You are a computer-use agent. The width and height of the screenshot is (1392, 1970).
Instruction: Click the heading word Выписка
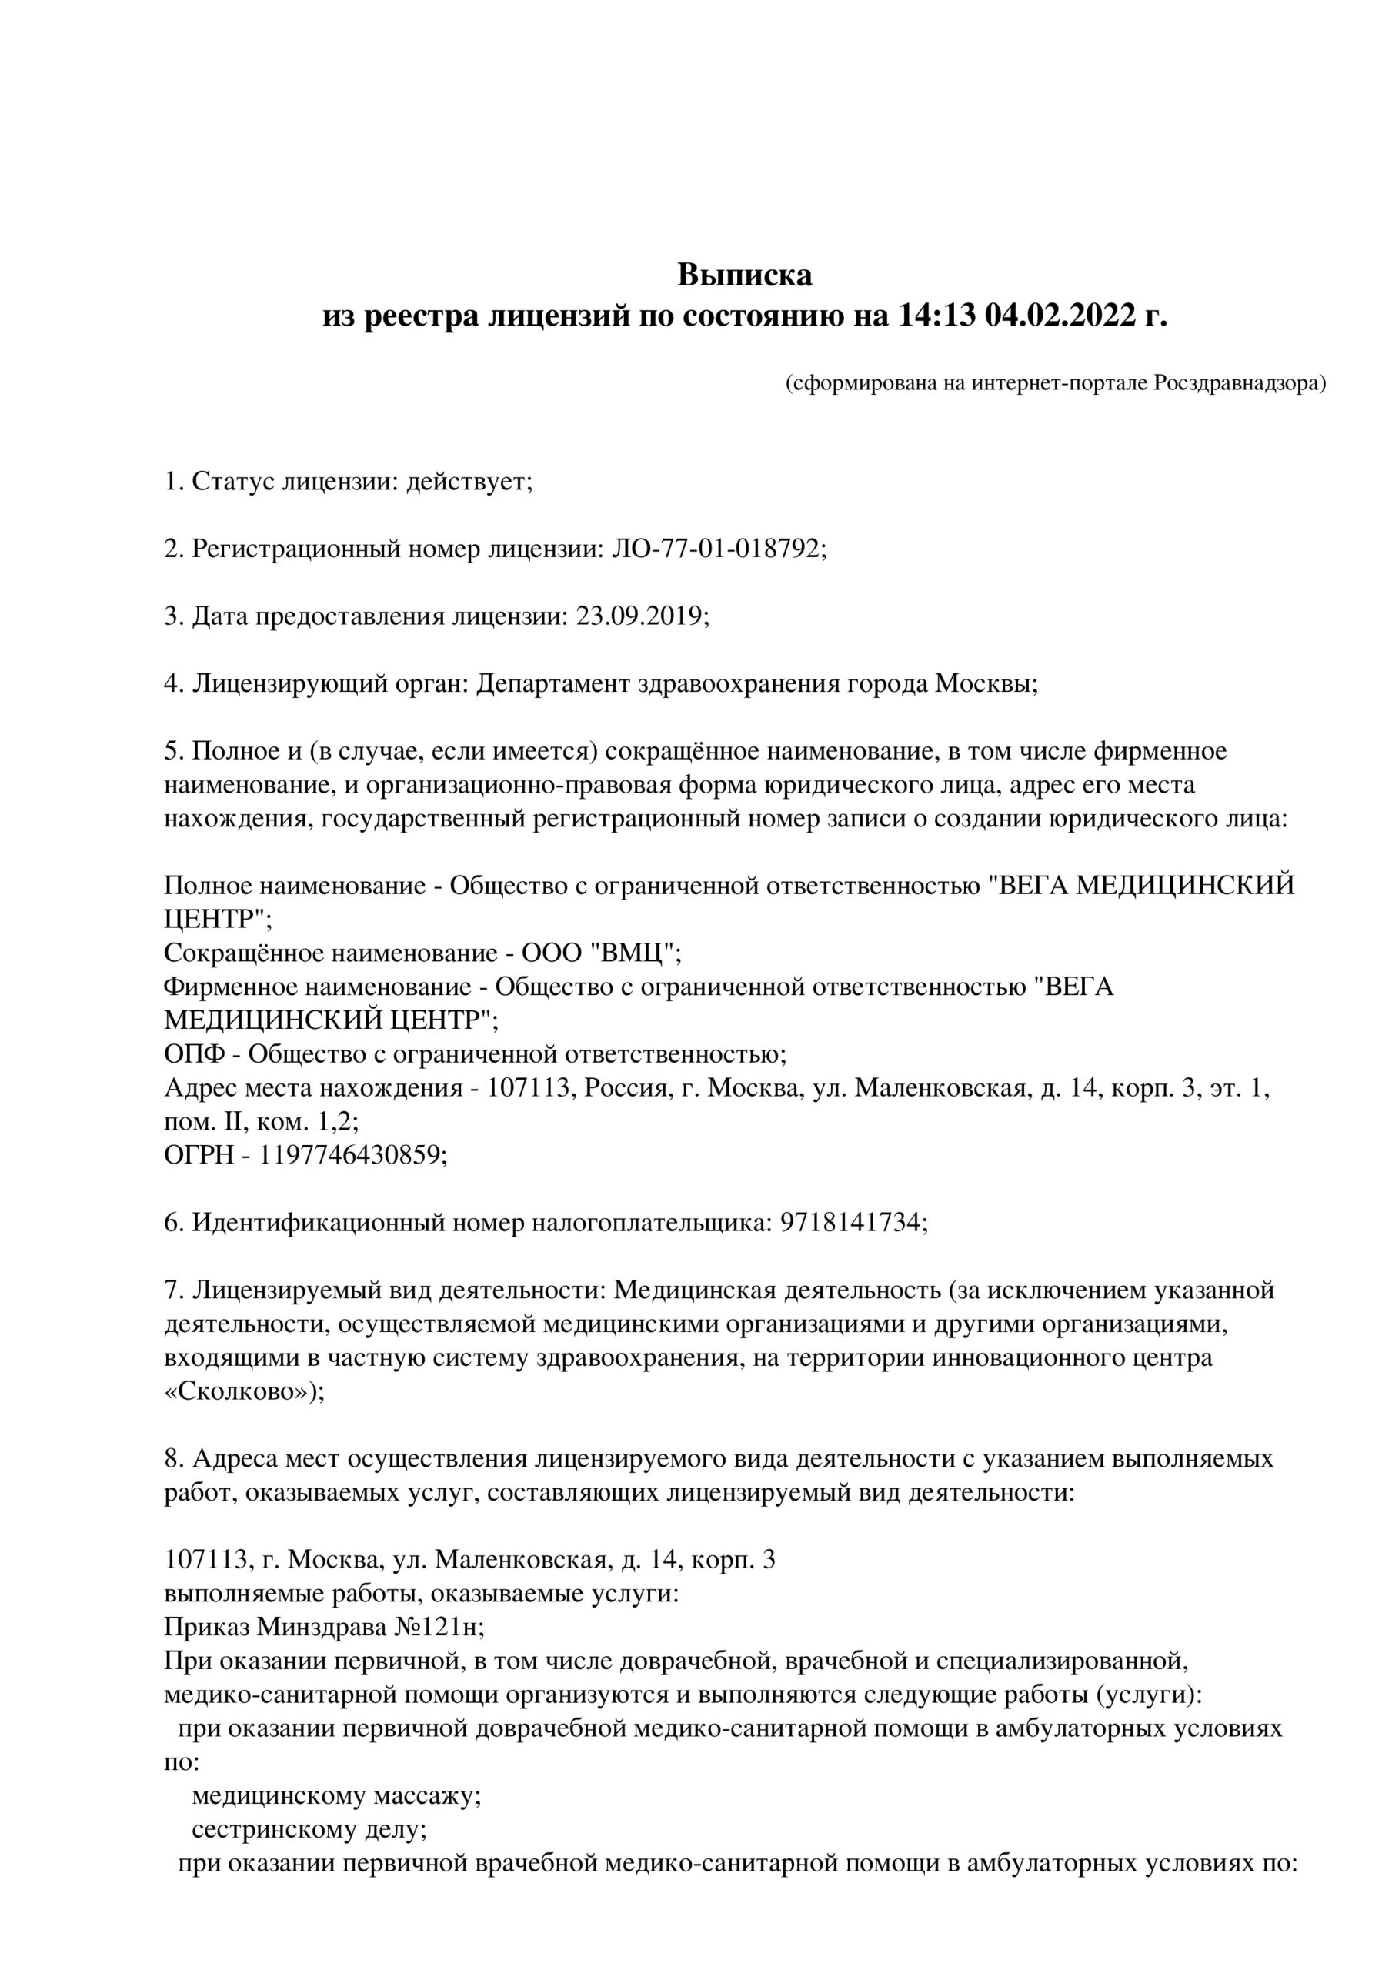pyautogui.click(x=744, y=275)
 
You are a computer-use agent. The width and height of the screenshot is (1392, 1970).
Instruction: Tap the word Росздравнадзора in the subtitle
pyautogui.click(x=1238, y=383)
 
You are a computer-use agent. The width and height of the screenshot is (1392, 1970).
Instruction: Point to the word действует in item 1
pyautogui.click(x=469, y=482)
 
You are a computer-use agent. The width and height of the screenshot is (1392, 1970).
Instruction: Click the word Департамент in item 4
pyautogui.click(x=553, y=684)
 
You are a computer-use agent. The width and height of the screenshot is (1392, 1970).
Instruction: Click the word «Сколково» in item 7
pyautogui.click(x=238, y=1392)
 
